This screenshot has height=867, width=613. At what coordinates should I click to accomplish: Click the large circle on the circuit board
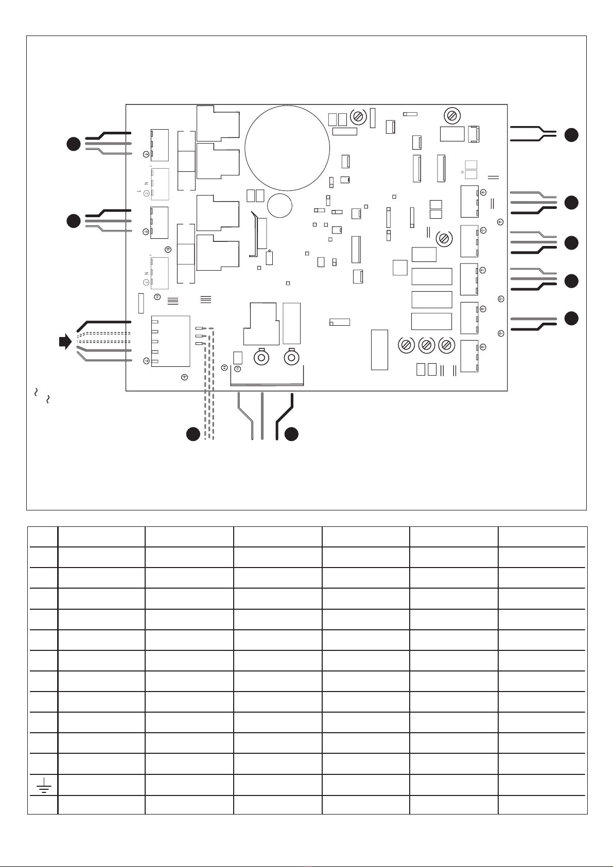[287, 148]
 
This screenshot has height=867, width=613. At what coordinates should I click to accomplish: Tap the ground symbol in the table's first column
[43, 784]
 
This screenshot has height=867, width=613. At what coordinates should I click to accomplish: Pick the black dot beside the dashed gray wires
[193, 434]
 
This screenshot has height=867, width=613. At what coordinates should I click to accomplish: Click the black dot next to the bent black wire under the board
[291, 434]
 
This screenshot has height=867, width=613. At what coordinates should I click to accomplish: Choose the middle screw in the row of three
[426, 345]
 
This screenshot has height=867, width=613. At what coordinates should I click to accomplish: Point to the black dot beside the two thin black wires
[571, 135]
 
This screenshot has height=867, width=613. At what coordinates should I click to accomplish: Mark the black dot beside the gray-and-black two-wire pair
[571, 319]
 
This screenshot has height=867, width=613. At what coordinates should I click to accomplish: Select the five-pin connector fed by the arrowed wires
[170, 341]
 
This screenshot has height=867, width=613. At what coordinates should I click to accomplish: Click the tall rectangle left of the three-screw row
[379, 349]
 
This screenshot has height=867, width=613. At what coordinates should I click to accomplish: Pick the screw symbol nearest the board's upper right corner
[453, 116]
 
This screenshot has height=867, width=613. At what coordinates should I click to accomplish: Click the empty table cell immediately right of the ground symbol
[101, 785]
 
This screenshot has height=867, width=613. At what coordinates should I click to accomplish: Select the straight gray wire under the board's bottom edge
[262, 416]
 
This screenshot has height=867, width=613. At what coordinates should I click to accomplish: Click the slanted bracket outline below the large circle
[253, 234]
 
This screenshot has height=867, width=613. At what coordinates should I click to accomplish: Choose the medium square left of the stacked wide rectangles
[400, 268]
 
